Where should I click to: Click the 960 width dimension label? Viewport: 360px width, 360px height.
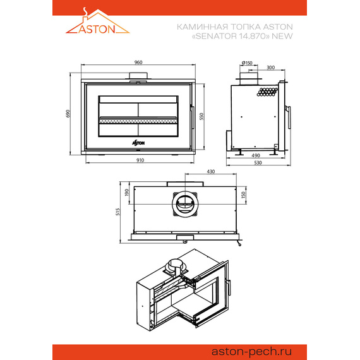138,63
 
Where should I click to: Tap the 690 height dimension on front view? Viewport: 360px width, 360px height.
68,114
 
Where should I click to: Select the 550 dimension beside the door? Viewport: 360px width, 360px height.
201,116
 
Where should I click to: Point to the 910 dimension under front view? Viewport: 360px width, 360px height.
140,160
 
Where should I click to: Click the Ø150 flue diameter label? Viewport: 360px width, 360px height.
247,63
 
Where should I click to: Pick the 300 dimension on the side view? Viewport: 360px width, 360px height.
271,68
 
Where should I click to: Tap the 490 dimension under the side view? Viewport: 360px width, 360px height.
256,155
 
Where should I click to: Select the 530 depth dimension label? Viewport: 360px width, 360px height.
258,162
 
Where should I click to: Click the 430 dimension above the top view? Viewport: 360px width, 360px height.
211,171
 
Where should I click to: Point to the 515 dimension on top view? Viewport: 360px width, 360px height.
117,212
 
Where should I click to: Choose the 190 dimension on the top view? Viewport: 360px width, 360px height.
126,193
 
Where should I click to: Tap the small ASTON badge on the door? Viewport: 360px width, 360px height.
138,143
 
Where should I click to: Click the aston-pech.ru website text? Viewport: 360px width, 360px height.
251,352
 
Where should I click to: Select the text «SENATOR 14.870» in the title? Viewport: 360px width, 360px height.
231,36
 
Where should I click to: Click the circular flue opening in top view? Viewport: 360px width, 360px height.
185,203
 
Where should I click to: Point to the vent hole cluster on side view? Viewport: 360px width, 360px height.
267,92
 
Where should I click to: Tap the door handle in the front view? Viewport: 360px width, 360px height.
193,117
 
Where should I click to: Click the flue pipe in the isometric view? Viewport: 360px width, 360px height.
176,268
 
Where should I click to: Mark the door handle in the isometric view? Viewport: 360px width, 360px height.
228,287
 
